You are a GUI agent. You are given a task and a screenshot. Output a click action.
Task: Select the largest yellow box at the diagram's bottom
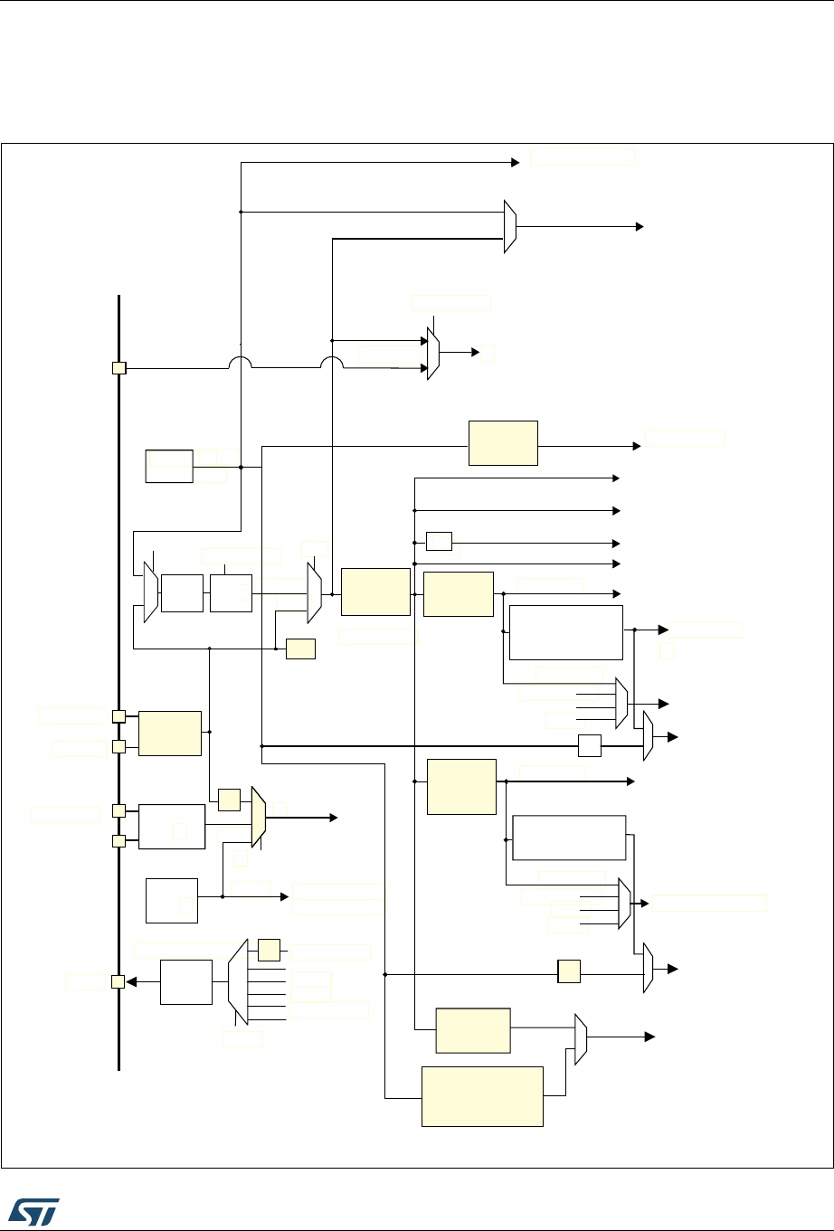tap(482, 1096)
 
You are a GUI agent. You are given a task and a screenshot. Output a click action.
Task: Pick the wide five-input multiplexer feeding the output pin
tap(237, 980)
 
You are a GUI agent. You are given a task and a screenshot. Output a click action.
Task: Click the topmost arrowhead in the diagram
tap(516, 163)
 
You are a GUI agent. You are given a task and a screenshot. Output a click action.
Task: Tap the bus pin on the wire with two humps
tap(118, 368)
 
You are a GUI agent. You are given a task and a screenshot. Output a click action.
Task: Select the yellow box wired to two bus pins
tap(169, 733)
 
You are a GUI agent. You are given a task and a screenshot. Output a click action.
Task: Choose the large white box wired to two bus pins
tap(172, 825)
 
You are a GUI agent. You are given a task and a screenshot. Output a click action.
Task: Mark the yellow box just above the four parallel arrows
tap(503, 442)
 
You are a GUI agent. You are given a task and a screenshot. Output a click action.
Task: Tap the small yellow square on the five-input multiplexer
tap(269, 950)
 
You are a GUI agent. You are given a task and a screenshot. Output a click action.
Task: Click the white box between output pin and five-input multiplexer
tap(185, 982)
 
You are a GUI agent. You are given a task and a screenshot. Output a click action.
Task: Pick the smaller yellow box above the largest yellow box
tap(472, 1030)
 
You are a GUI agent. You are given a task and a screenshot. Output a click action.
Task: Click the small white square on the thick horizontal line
tap(589, 746)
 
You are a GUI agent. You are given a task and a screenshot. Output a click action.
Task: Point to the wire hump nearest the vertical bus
tap(239, 361)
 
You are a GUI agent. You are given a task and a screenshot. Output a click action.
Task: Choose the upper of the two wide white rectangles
tap(566, 632)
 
